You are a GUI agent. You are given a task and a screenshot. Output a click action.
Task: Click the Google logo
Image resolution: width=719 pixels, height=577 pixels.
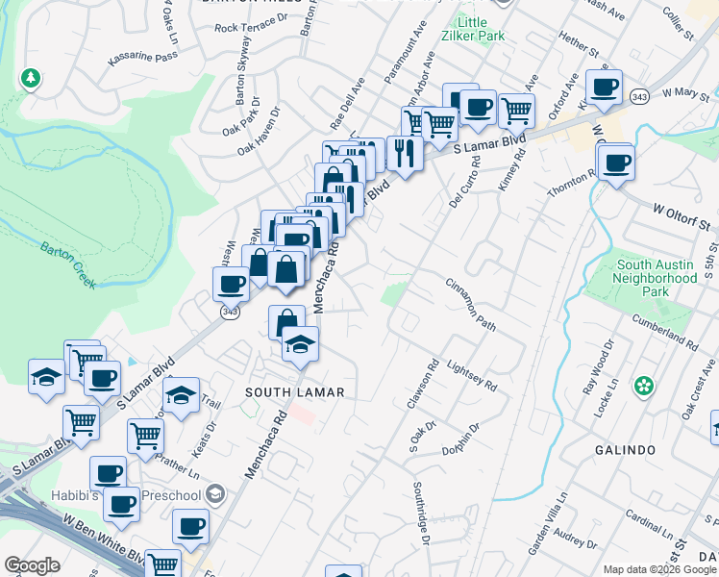[x=32, y=565]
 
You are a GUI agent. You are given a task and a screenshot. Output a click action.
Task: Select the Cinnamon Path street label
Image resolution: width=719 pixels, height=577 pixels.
[x=471, y=306]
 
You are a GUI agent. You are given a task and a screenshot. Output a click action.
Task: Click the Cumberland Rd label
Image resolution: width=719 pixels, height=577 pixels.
[x=664, y=332]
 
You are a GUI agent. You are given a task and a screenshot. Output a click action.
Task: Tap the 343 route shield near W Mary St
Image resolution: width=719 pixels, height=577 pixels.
[x=638, y=96]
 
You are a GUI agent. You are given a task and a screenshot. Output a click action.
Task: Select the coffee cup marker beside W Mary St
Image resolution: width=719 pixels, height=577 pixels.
[x=605, y=87]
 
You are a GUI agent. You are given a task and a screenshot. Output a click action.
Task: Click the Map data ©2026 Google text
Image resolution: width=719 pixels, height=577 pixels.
[x=659, y=569]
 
